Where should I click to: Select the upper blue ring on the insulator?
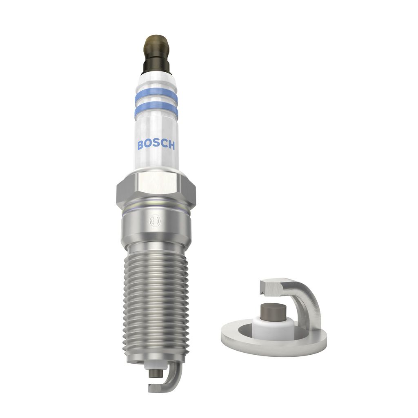click(156, 95)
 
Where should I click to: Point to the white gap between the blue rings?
click(156, 102)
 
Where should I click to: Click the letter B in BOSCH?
click(141, 145)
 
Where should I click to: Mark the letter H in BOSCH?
click(171, 145)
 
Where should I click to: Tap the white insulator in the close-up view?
click(272, 326)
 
